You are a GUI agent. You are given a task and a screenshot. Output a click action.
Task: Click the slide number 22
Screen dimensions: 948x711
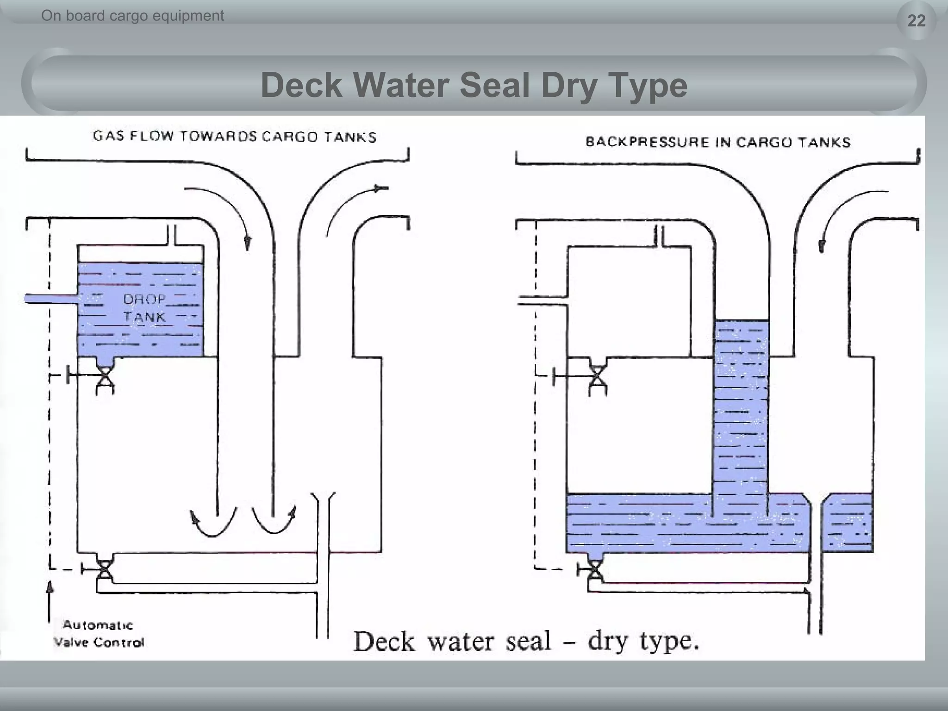coord(916,21)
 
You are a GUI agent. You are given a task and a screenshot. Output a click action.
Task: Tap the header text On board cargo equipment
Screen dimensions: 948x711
coord(132,16)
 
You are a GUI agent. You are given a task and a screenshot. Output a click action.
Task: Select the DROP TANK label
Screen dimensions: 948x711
coord(144,308)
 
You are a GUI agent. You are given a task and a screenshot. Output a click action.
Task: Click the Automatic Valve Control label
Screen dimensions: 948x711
coord(98,634)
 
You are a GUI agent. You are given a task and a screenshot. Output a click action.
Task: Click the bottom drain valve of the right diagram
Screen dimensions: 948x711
coord(595,570)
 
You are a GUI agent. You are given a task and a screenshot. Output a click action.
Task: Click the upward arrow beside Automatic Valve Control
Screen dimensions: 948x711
coord(49,602)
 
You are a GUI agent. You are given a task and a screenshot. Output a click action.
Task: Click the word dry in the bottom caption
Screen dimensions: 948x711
coord(607,642)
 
